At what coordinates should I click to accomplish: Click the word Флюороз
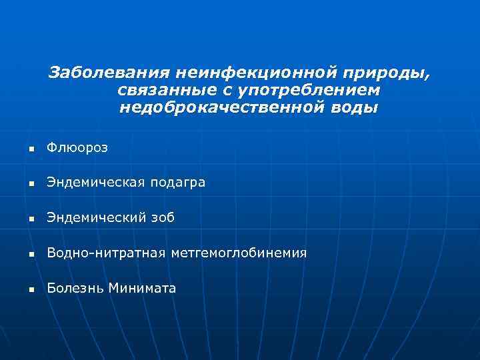(x=77, y=147)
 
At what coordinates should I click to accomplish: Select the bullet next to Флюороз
(x=31, y=148)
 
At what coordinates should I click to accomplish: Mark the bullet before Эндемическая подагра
(x=31, y=183)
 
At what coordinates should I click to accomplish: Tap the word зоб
(x=163, y=218)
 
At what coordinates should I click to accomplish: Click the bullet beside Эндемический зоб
(x=31, y=219)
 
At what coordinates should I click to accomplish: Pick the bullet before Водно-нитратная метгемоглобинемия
(x=31, y=254)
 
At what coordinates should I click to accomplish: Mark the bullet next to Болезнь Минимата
(x=31, y=289)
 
